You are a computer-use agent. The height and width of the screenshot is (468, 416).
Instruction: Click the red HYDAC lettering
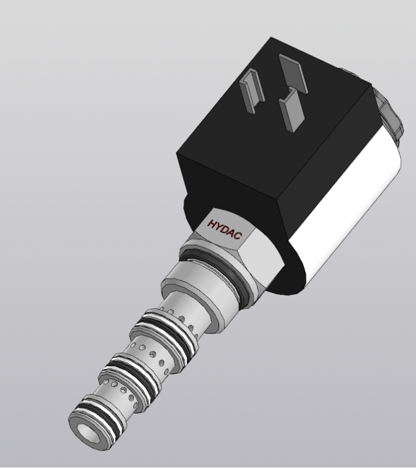tap(224, 229)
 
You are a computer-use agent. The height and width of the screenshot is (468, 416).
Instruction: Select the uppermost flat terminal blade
tap(293, 74)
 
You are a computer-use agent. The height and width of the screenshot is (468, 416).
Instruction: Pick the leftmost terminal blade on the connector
tap(252, 90)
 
